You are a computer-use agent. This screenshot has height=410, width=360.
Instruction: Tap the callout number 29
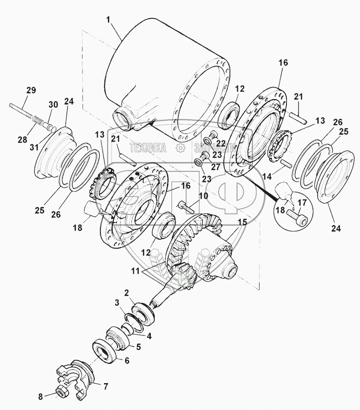(x=30, y=91)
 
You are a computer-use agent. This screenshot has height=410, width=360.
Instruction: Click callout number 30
(x=53, y=104)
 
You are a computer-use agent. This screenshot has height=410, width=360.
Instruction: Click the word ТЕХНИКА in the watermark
(x=148, y=148)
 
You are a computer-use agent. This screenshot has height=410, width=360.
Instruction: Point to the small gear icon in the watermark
(x=180, y=148)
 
